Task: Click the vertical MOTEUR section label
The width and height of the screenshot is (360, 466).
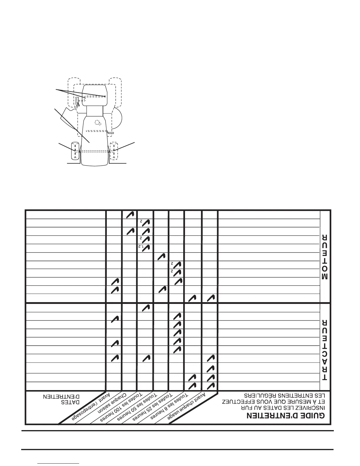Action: click(x=325, y=257)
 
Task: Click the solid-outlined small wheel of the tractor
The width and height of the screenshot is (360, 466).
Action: click(x=75, y=151)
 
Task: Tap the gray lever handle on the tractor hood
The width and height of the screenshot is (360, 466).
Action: click(x=111, y=133)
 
